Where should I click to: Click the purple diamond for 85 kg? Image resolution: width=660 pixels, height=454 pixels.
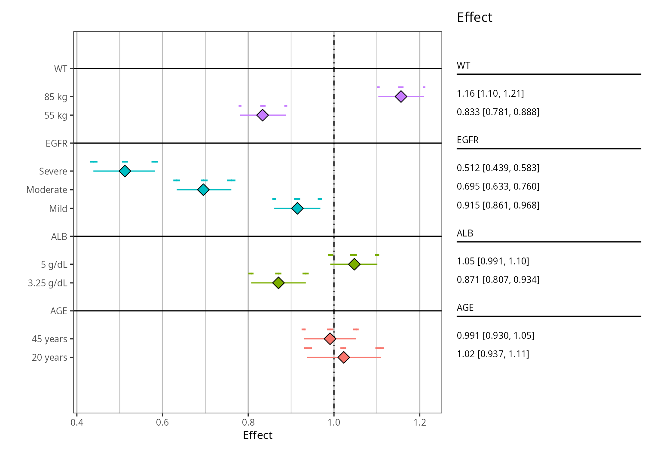tap(401, 96)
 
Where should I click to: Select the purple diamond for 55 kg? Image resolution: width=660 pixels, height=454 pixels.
tap(262, 115)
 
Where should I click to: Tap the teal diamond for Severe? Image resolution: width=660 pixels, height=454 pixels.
tap(125, 171)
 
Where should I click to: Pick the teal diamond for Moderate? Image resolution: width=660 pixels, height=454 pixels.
tap(203, 190)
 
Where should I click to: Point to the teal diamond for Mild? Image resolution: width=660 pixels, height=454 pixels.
tap(297, 208)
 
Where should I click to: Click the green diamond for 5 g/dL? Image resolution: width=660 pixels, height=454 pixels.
tap(354, 264)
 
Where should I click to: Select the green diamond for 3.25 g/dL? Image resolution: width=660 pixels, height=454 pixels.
tap(278, 283)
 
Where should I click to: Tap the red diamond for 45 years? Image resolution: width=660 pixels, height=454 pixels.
tap(330, 339)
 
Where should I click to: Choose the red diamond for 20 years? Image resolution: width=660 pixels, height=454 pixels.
tap(343, 357)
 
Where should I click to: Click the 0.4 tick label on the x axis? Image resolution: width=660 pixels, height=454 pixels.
tap(77, 422)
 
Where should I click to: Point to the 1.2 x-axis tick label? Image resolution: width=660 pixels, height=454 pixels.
tap(420, 422)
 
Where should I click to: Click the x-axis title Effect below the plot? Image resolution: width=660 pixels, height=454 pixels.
tap(257, 436)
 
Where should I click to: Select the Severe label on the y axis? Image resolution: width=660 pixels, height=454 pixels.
tap(53, 171)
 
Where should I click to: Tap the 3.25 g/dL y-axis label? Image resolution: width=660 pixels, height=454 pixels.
tap(47, 283)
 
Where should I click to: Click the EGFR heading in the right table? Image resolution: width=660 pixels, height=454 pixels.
tap(467, 140)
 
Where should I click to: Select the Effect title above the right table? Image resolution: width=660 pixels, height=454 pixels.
tap(474, 17)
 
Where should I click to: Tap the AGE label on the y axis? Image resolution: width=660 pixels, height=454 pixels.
tap(59, 311)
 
